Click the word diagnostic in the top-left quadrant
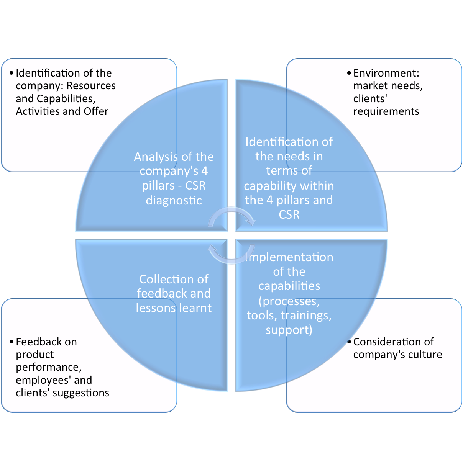coord(174,200)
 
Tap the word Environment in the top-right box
coord(385,73)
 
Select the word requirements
coord(386,111)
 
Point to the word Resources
coord(91,86)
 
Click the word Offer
coord(96,111)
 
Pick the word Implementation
coord(289,257)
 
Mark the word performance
coord(48,367)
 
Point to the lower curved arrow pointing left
coord(231,255)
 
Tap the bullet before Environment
coord(349,73)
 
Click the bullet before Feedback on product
coord(11,342)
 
